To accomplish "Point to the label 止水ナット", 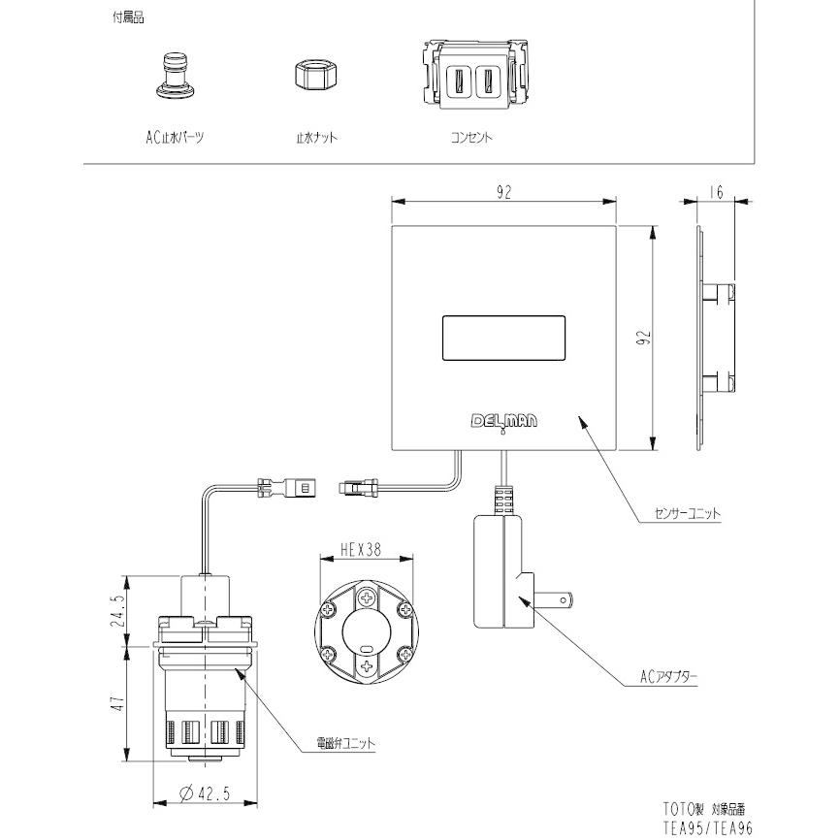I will coord(316,138).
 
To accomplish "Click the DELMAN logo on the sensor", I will coord(503,421).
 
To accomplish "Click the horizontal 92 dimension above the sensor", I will coord(503,192).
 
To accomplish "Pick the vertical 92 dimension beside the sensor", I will coord(642,339).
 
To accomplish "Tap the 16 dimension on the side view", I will coord(715,192).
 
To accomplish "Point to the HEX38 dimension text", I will coord(363,548).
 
